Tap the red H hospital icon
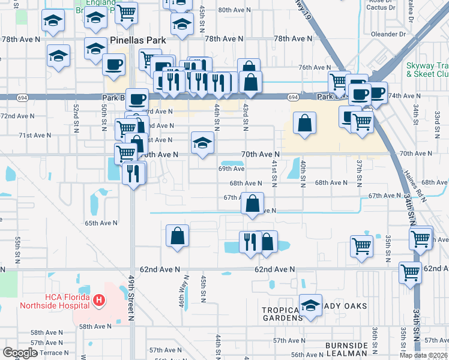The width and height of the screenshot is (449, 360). pyautogui.click(x=100, y=299)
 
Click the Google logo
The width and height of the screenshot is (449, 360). pyautogui.click(x=20, y=353)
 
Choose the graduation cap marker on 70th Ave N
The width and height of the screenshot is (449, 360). pyautogui.click(x=203, y=143)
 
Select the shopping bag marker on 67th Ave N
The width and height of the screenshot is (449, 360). pyautogui.click(x=253, y=203)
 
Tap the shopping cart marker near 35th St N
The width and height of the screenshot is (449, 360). pyautogui.click(x=362, y=246)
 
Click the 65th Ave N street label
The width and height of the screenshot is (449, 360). pyautogui.click(x=101, y=223)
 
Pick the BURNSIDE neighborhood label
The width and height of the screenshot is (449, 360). pyautogui.click(x=346, y=346)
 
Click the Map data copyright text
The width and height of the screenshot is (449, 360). pyautogui.click(x=422, y=355)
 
